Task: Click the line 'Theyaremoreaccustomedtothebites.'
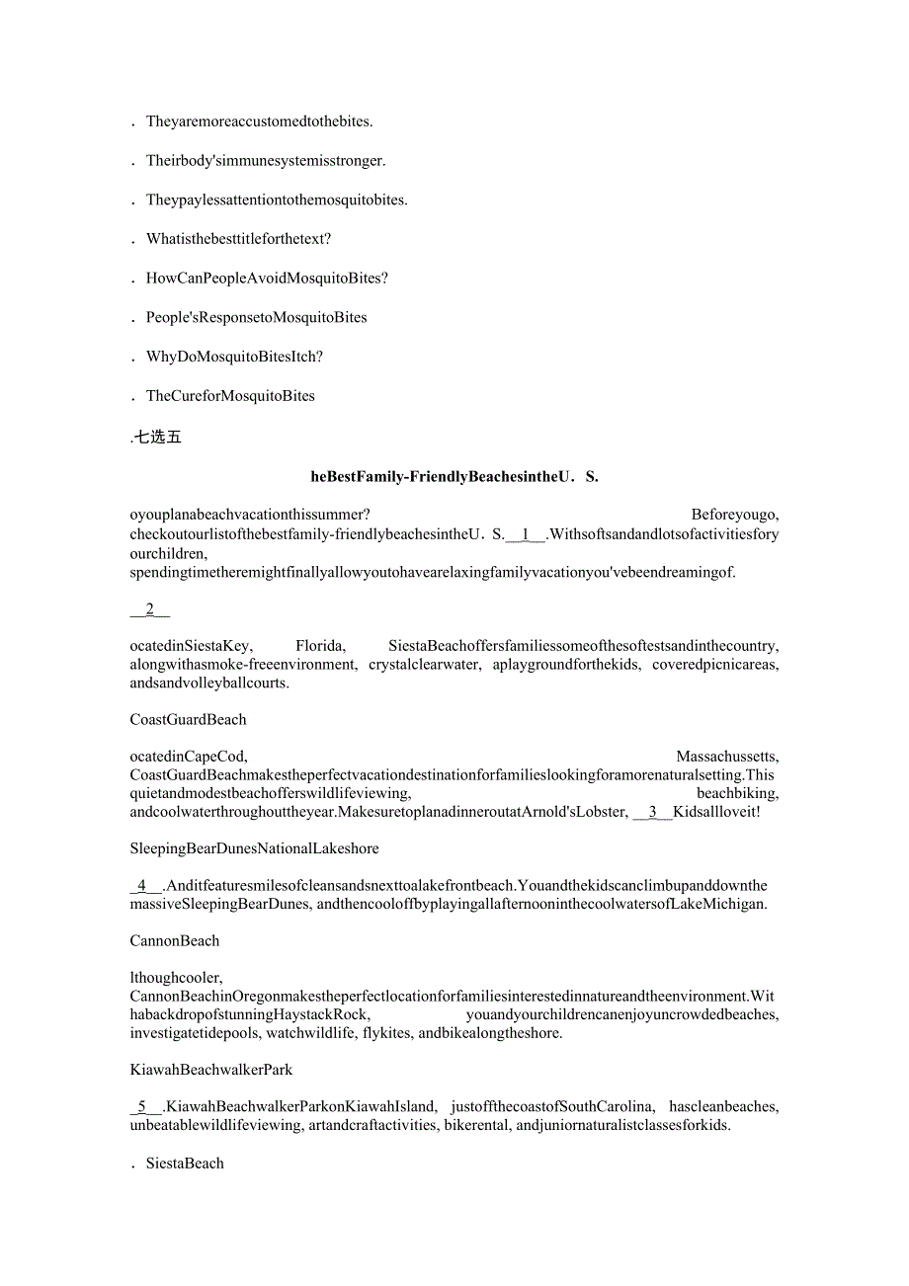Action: click(x=259, y=121)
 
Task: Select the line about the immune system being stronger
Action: click(x=266, y=160)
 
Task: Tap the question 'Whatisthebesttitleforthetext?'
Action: click(x=238, y=239)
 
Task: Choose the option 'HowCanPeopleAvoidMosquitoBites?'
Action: click(x=267, y=279)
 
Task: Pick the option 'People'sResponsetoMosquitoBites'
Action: click(x=256, y=317)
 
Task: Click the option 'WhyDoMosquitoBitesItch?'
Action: click(x=234, y=357)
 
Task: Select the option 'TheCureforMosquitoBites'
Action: click(x=230, y=396)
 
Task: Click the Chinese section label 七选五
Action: click(x=158, y=438)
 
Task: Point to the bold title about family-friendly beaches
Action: click(x=454, y=476)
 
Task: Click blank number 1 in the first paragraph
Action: click(x=526, y=535)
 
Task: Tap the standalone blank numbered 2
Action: click(x=150, y=609)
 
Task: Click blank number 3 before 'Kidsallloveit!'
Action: click(x=652, y=812)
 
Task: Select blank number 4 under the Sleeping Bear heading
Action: click(x=142, y=886)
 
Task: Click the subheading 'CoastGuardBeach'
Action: click(x=188, y=720)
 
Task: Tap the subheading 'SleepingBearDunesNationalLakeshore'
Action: click(x=254, y=848)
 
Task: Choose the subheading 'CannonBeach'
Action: click(x=174, y=941)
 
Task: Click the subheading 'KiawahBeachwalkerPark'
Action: click(x=210, y=1070)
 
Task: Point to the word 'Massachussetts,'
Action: click(x=727, y=757)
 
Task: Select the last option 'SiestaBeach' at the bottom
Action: click(x=185, y=1164)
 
